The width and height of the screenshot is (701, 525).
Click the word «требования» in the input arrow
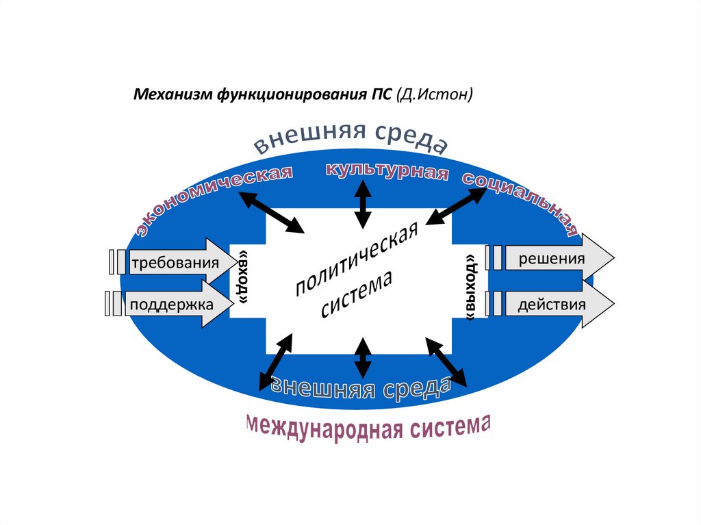click(x=175, y=262)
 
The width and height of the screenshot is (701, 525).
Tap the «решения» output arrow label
click(x=551, y=259)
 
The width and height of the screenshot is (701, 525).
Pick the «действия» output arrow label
click(x=551, y=303)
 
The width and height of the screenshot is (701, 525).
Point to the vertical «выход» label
click(x=470, y=287)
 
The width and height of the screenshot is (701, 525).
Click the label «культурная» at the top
click(x=387, y=171)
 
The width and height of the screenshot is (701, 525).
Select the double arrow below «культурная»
click(x=363, y=205)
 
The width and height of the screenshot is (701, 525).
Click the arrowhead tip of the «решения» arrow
click(x=613, y=258)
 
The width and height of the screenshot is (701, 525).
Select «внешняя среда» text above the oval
click(x=350, y=137)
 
